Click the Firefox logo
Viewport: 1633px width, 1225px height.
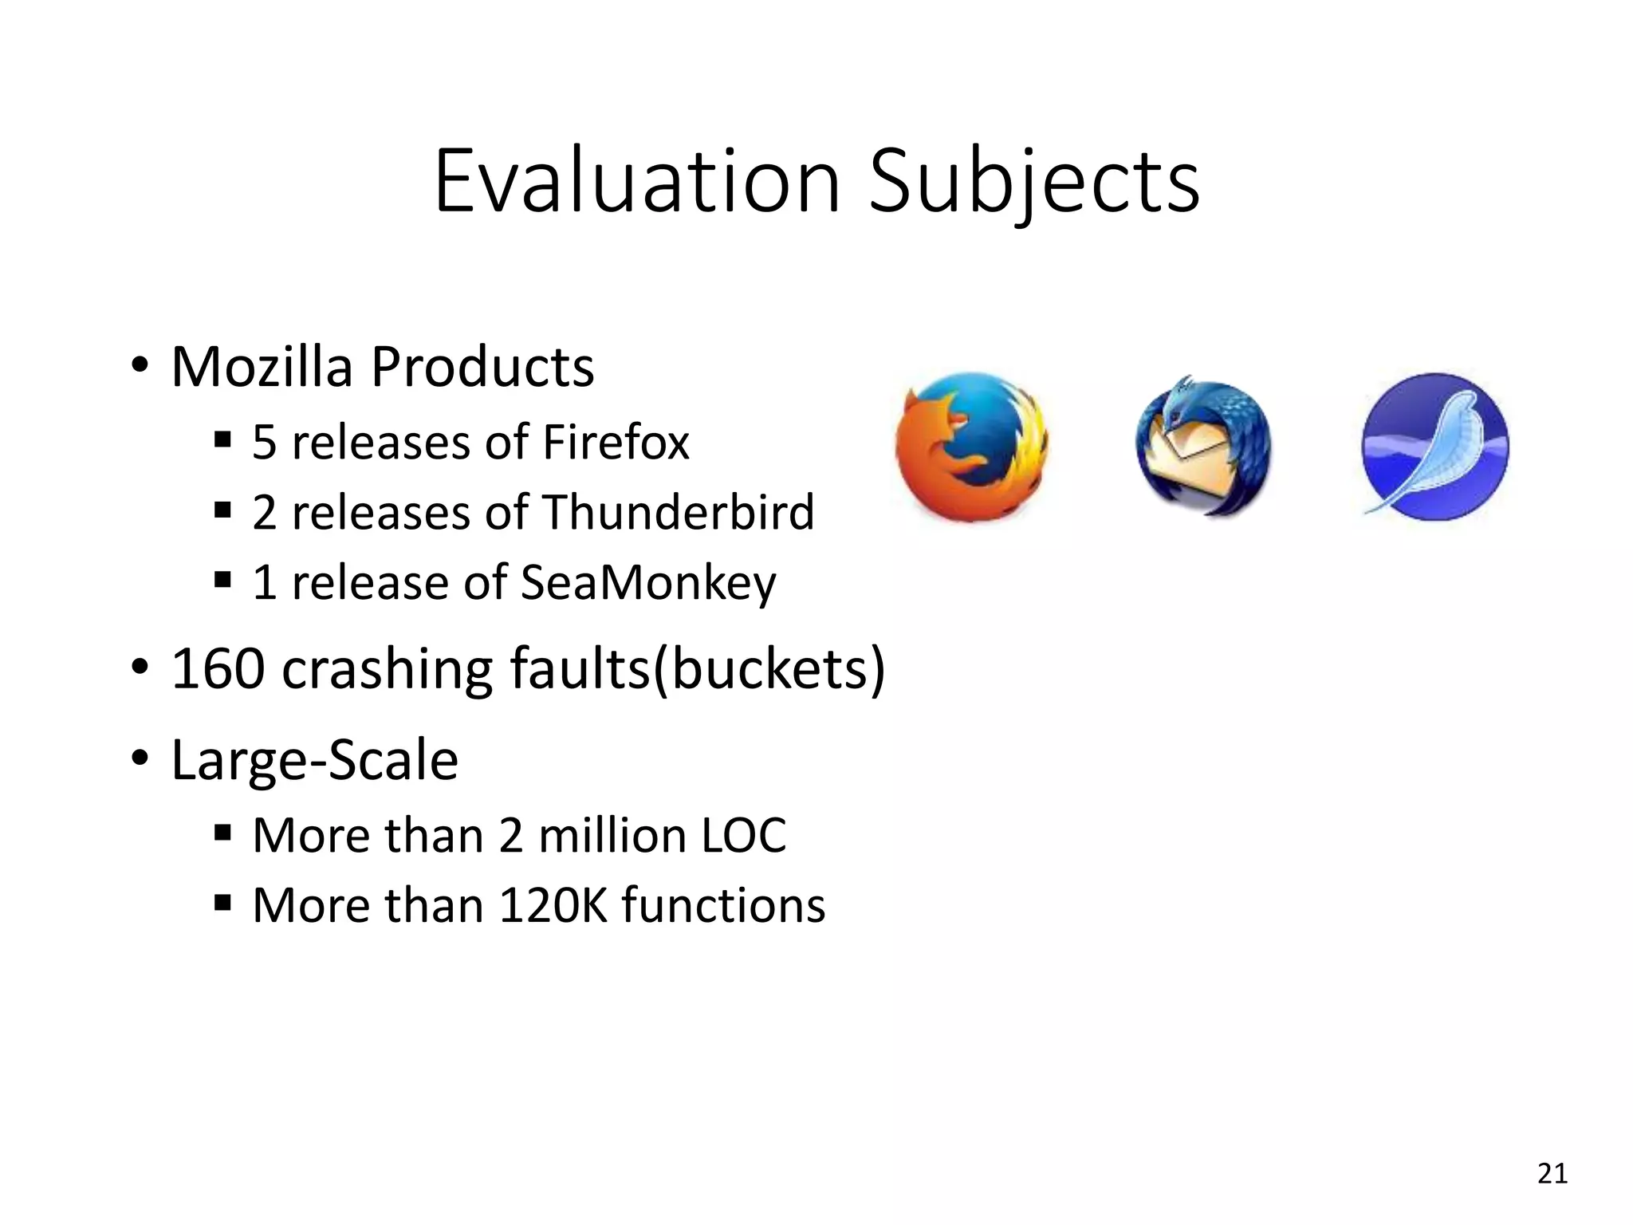[971, 447]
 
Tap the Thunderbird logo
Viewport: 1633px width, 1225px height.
[1202, 447]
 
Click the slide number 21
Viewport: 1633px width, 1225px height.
[1552, 1173]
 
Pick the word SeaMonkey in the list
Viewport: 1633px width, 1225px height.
[647, 582]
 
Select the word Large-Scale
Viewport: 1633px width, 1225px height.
[315, 759]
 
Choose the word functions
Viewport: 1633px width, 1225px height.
[724, 905]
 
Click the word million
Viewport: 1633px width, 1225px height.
[611, 835]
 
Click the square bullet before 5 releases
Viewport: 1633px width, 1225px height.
[222, 440]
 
